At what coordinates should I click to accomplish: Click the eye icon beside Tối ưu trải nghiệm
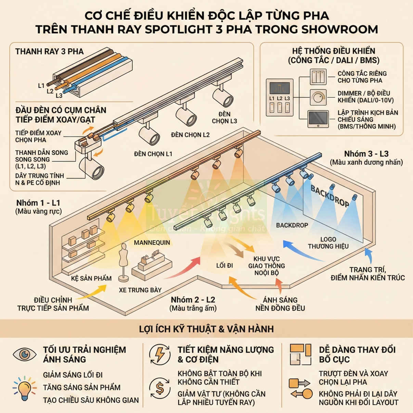25,354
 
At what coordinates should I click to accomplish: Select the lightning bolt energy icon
159,354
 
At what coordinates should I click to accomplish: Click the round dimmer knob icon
318,97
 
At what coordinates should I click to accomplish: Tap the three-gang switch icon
318,76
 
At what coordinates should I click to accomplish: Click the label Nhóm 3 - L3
366,154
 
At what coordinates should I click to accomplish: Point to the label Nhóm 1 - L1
38,203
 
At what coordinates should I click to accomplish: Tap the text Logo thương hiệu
328,243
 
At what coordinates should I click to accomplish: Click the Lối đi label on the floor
224,266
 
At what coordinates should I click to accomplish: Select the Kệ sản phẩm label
91,278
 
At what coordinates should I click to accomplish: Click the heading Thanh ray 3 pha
49,52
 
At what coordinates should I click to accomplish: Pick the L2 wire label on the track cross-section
50,91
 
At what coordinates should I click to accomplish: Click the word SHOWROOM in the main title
339,29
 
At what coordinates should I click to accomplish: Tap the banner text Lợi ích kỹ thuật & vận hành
206,329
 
